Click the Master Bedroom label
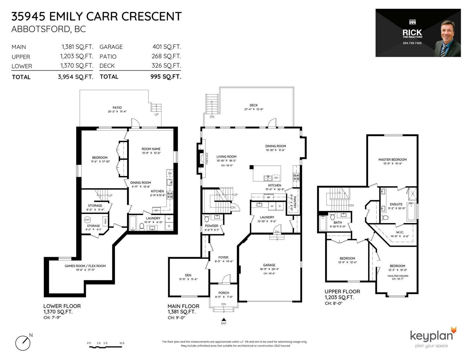click(x=392, y=160)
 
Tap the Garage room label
click(x=269, y=265)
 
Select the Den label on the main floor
click(x=188, y=275)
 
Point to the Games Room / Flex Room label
click(x=85, y=266)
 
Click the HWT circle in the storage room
click(x=87, y=220)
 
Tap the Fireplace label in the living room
click(x=207, y=158)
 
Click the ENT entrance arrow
click(x=224, y=320)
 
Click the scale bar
click(x=106, y=347)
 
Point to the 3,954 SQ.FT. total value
click(x=76, y=77)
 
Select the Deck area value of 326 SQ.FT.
click(x=166, y=65)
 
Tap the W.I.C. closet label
click(x=400, y=232)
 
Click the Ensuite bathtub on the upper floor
click(x=411, y=212)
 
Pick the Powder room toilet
click(x=207, y=218)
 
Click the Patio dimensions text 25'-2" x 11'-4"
click(x=117, y=112)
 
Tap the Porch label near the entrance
click(x=224, y=293)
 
